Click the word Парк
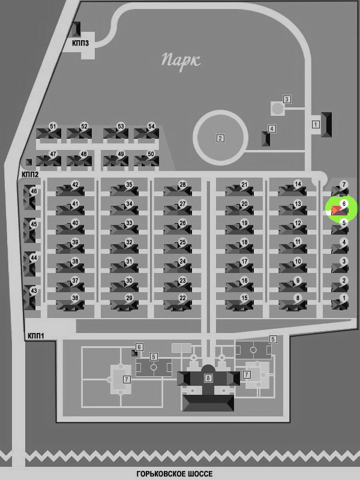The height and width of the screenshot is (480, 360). pos(181,61)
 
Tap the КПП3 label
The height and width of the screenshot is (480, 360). pos(80,43)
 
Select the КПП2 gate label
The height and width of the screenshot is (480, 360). pos(30,175)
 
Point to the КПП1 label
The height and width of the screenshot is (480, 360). pos(36,336)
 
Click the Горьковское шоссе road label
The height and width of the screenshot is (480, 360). pos(175,474)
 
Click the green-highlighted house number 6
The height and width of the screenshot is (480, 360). pos(344,203)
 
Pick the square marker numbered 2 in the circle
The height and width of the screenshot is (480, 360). pos(220,139)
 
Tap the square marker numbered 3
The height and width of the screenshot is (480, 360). pos(287,99)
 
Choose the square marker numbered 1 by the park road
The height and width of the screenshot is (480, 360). pos(316,125)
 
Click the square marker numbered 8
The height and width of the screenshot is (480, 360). pos(208,379)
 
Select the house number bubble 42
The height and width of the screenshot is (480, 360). pos(75,185)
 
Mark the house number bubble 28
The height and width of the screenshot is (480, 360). pos(182,185)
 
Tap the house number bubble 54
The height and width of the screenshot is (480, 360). pos(151,127)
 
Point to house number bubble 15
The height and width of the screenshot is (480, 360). pos(244,298)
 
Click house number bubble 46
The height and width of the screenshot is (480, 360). pos(34,191)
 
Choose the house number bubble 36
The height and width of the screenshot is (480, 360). pos(75,298)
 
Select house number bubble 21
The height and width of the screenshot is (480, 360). pos(244,185)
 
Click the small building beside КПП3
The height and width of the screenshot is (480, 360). pos(76,29)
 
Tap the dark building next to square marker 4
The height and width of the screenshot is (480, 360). pos(266,139)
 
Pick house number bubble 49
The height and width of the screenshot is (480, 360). pos(121,154)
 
